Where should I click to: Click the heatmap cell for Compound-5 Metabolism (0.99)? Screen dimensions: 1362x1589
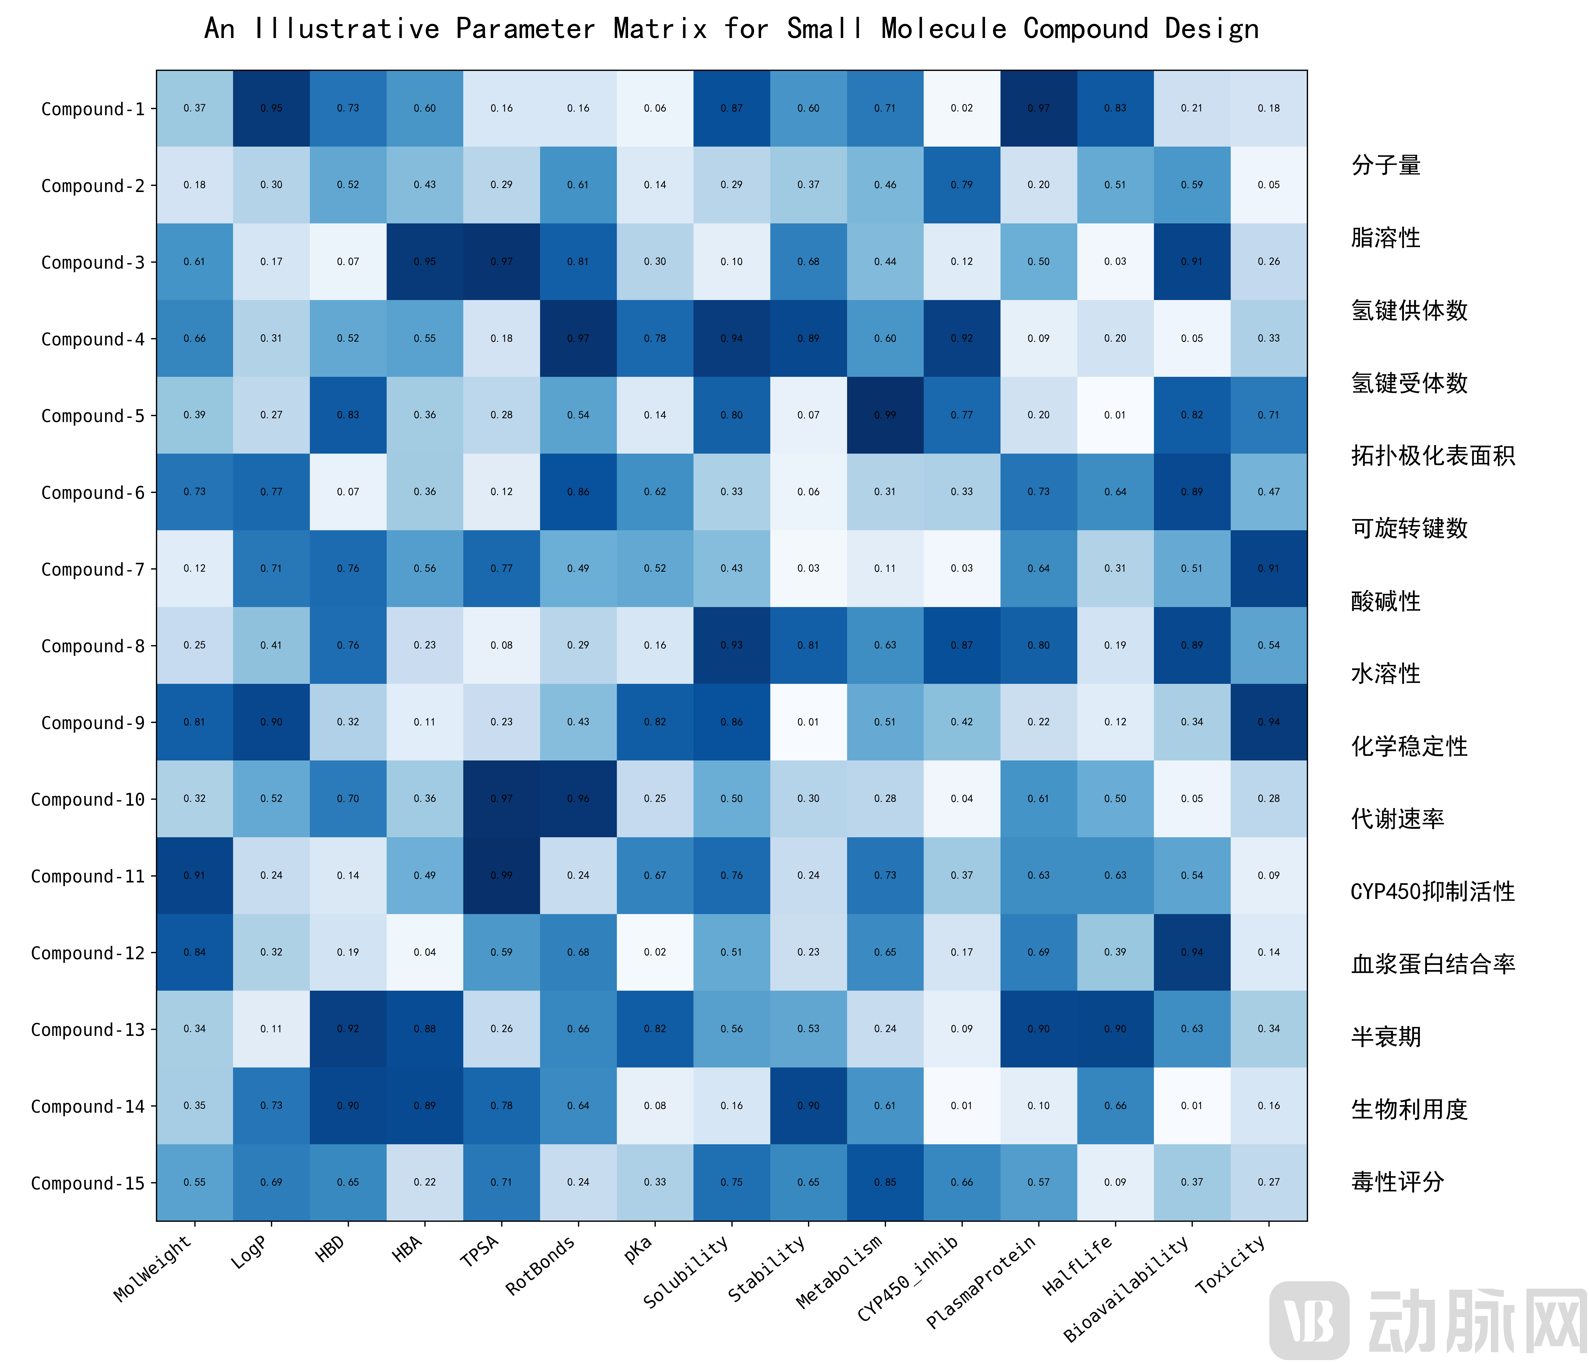pos(885,415)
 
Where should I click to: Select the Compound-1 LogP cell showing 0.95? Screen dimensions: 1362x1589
pos(271,108)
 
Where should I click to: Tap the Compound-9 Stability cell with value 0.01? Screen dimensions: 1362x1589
pos(808,722)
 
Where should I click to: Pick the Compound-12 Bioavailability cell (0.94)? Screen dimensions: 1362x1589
pos(1192,952)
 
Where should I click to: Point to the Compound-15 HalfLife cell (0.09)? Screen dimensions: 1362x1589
pos(1115,1182)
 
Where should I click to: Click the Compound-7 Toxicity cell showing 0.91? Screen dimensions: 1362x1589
pos(1268,568)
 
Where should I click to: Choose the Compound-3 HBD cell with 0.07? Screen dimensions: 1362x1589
pos(348,261)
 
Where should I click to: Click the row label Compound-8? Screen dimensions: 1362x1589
pos(93,646)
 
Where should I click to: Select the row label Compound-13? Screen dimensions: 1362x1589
pos(87,1029)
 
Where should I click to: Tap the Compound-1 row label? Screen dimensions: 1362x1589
pos(93,109)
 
